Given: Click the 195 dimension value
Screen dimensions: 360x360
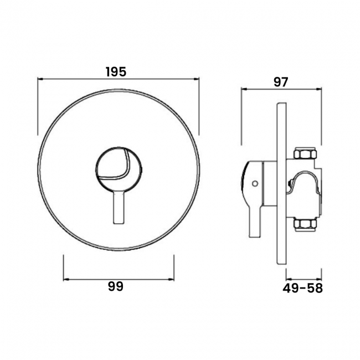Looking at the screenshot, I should pos(116,71).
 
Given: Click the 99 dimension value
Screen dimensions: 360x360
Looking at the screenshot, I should pos(116,286).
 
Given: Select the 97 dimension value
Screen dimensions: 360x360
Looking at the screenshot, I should pos(281,81).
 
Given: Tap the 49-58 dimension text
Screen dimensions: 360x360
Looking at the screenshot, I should pos(302,288).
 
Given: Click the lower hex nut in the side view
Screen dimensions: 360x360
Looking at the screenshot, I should pos(305,224).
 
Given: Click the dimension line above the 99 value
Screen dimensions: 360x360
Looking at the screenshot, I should pos(119,277).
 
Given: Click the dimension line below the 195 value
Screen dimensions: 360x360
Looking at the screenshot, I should pos(117,79).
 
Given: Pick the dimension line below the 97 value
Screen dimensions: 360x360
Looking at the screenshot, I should pos(281,88).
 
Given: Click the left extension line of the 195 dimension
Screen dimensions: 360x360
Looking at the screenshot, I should pos(38,105).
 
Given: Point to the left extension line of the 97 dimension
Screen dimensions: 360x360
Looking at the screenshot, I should pos(241,116).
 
